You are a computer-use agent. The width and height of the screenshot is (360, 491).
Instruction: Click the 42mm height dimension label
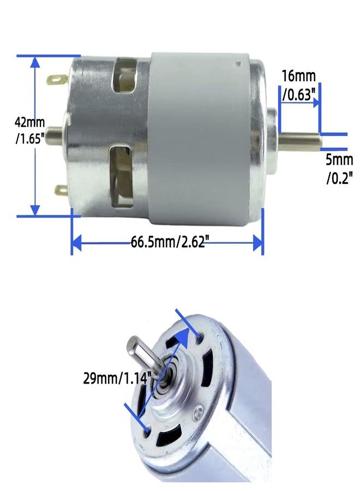click(x=30, y=130)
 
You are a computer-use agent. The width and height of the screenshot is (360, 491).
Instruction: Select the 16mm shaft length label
click(x=299, y=85)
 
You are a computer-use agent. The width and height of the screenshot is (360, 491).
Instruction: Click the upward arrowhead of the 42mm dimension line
click(x=35, y=63)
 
